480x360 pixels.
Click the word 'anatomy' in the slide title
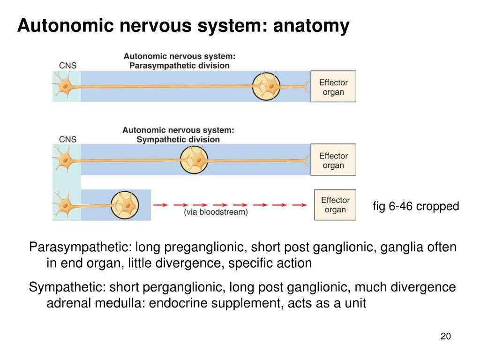[x=311, y=26]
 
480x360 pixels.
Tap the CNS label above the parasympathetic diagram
[x=67, y=66]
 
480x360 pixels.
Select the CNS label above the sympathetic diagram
[x=67, y=139]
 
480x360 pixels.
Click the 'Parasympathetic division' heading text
[x=180, y=66]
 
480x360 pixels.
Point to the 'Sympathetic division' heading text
[x=178, y=139]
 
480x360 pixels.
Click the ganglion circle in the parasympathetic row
[x=266, y=86]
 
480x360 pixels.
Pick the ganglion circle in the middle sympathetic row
[x=194, y=160]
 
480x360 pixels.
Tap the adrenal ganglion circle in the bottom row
[x=125, y=205]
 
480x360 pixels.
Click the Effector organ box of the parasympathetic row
[x=333, y=86]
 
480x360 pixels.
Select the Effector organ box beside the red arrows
[x=335, y=205]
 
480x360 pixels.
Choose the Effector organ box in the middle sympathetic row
[x=333, y=159]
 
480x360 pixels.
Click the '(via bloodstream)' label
[x=216, y=212]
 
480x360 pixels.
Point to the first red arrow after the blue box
[x=161, y=204]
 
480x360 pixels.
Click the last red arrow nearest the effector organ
[x=300, y=204]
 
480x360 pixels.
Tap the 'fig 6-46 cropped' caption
[x=416, y=206]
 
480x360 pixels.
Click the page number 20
[x=446, y=336]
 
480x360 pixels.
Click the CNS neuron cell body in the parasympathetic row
[x=65, y=86]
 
